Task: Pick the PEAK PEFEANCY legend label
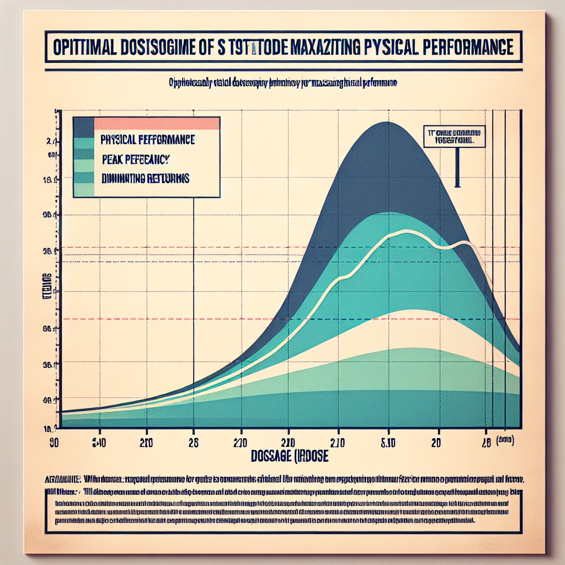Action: pos(135,159)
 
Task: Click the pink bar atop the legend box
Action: pos(157,123)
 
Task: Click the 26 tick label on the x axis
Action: pos(193,442)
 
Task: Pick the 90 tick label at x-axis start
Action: pos(54,442)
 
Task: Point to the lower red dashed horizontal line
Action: pos(287,319)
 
